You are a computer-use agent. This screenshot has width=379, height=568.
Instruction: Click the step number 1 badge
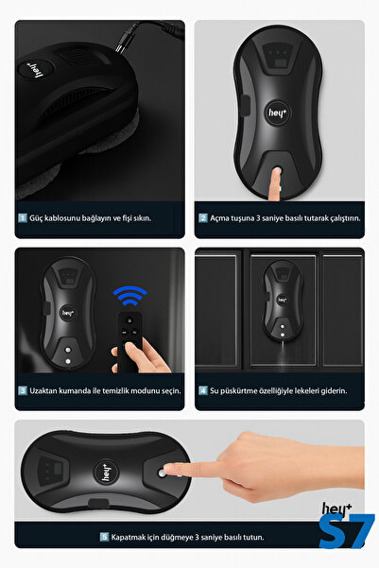click(x=23, y=217)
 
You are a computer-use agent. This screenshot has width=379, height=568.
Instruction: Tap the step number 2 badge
click(x=203, y=217)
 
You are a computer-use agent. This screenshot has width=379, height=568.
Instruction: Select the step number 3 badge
click(x=23, y=390)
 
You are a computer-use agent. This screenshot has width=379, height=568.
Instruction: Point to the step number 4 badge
click(x=203, y=390)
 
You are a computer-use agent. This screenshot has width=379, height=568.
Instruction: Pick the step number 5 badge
click(x=104, y=537)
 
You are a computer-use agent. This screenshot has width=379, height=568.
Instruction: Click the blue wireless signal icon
click(x=130, y=295)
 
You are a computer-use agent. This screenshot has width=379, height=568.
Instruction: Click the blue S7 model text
click(x=347, y=531)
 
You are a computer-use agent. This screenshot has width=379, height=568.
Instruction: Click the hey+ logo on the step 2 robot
click(x=278, y=113)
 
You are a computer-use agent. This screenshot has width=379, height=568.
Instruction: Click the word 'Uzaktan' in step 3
click(x=43, y=390)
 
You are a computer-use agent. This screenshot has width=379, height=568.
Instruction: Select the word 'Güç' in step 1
click(x=36, y=218)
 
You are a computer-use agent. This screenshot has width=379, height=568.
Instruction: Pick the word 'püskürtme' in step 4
click(x=237, y=391)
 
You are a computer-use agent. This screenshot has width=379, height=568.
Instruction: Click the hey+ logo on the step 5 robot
click(x=106, y=472)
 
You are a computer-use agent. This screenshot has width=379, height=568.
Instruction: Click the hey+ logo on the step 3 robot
click(x=68, y=313)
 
